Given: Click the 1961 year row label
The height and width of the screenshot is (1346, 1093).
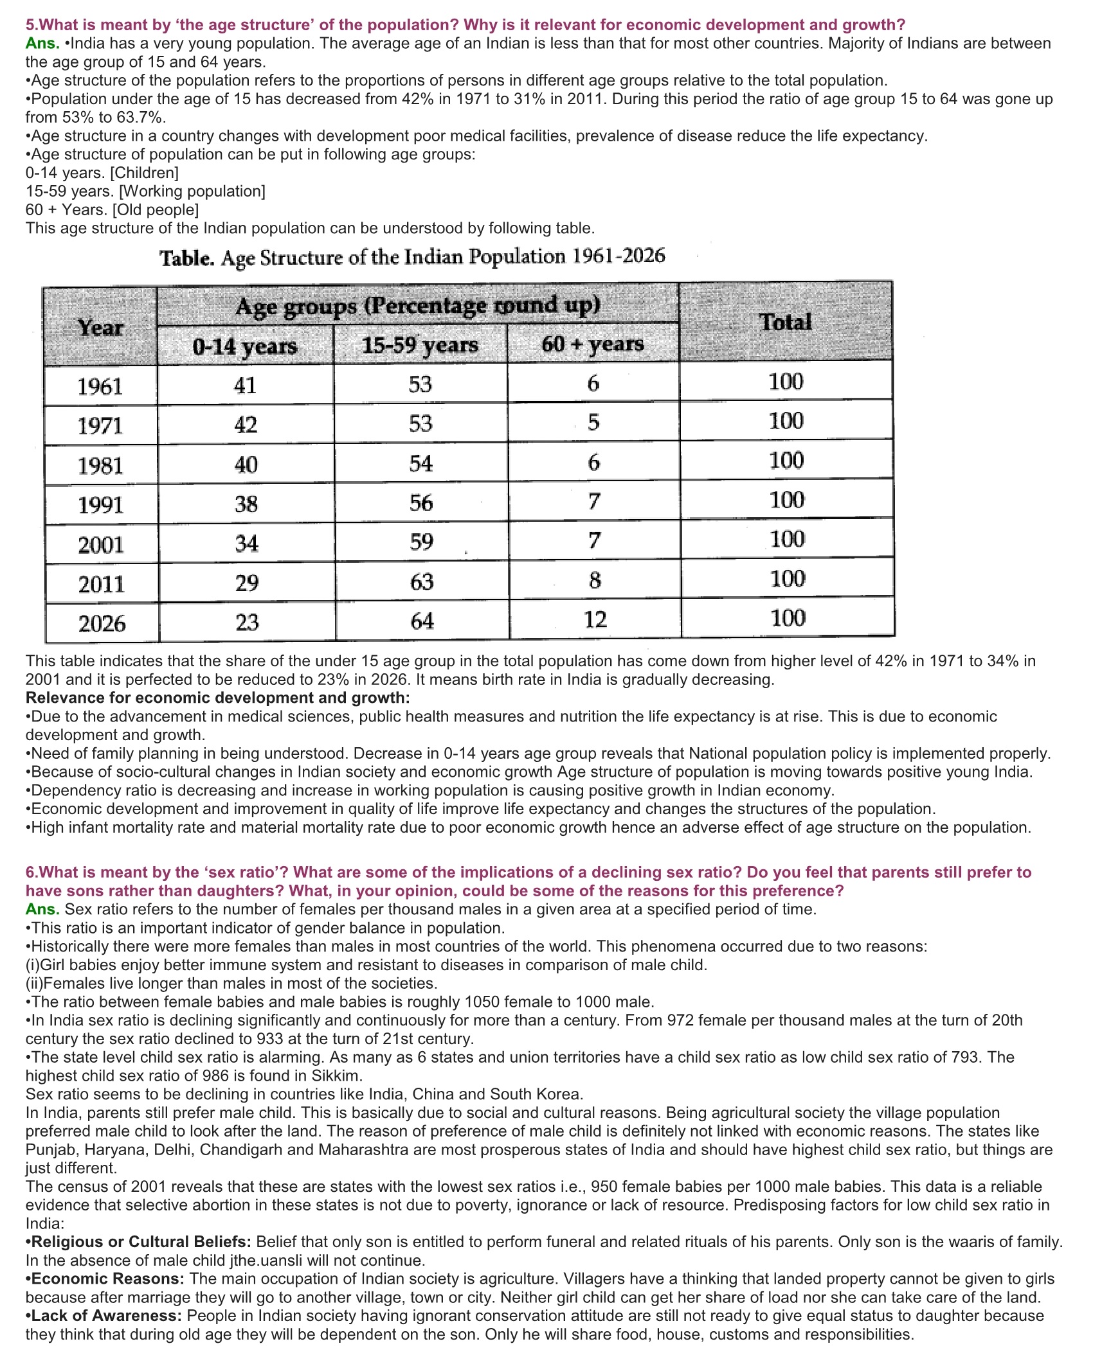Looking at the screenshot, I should click(100, 387).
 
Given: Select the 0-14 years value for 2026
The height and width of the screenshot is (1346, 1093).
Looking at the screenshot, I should click(246, 622).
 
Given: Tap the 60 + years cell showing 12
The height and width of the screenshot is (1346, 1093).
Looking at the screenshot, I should click(595, 619).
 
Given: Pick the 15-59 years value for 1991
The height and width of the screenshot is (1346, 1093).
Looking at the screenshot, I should click(421, 502).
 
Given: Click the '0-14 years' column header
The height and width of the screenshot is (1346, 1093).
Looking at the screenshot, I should click(245, 346).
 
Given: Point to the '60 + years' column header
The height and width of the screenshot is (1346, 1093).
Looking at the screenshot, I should click(592, 344).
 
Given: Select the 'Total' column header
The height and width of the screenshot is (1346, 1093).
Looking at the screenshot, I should click(785, 321).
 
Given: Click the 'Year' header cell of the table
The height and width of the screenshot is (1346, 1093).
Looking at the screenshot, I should click(100, 328).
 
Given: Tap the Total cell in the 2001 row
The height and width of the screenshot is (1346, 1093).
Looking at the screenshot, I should click(787, 539).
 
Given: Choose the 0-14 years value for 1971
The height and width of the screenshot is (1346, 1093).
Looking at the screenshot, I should click(246, 425).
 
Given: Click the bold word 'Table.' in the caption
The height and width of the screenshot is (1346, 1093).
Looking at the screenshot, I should click(186, 259).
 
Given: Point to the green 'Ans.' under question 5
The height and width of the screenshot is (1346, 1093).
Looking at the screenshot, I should click(42, 44).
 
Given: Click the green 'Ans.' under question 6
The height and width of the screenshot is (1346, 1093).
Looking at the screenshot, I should click(42, 909).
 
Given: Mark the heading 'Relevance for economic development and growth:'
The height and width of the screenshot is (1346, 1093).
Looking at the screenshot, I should click(217, 698).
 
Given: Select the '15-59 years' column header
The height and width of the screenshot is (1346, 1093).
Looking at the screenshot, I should click(420, 345).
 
